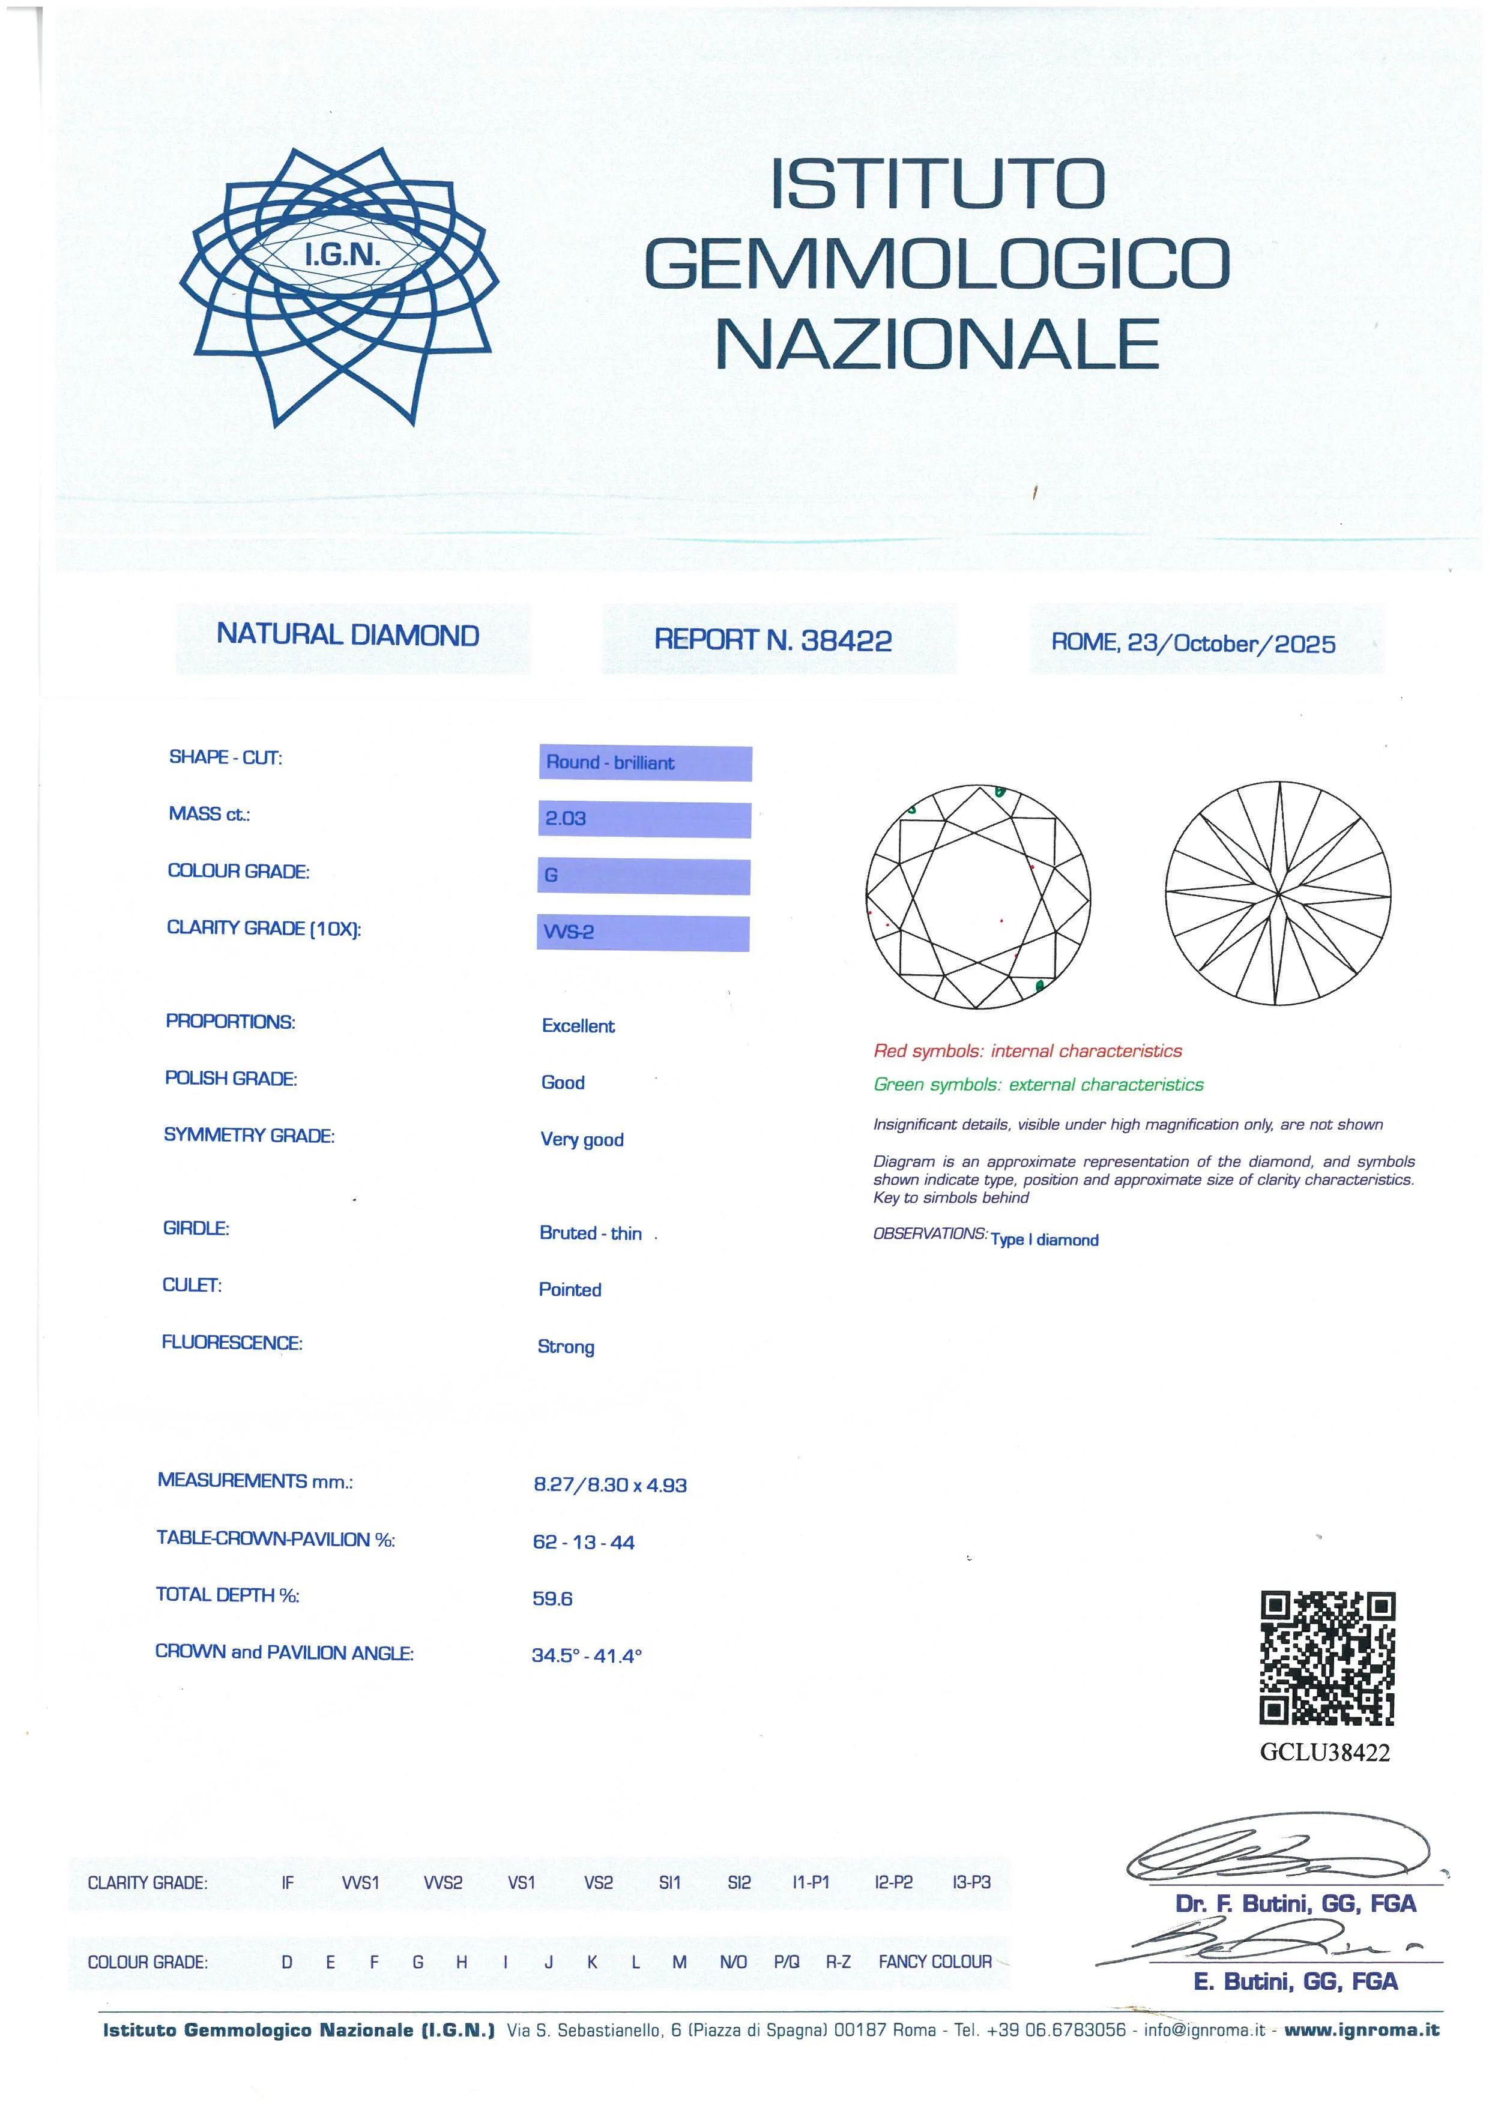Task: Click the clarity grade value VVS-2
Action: (x=569, y=932)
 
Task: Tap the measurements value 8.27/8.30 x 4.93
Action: (x=610, y=1485)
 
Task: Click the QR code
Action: (x=1327, y=1658)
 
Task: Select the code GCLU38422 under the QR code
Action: (x=1325, y=1752)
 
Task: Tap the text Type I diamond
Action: (x=1044, y=1239)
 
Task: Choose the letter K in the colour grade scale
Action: (x=593, y=1962)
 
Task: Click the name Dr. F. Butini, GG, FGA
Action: (x=1296, y=1904)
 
